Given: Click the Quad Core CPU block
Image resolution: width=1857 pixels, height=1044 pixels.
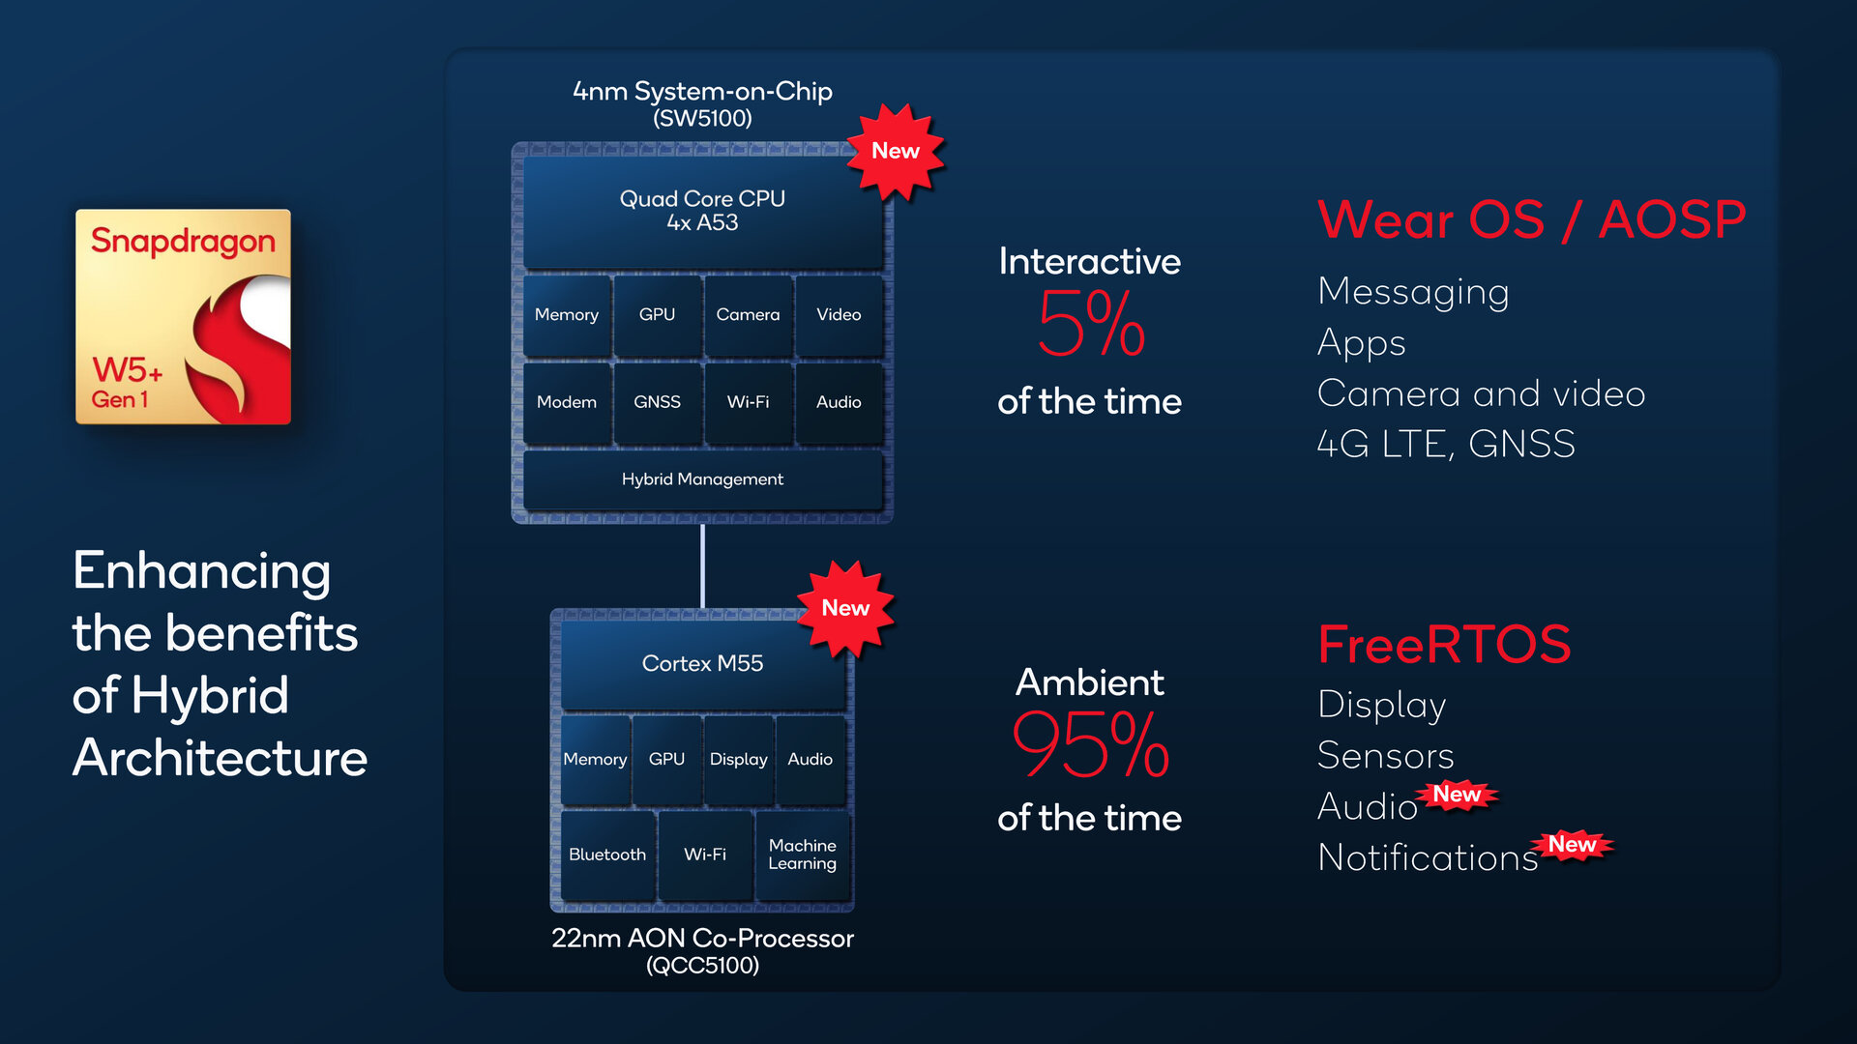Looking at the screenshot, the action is tap(702, 211).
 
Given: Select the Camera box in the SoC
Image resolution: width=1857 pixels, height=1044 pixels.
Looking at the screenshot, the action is tap(748, 315).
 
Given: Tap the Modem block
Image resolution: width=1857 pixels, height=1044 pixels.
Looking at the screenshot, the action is tap(567, 402).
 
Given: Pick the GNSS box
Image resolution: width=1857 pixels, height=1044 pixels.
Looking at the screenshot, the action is tap(658, 402).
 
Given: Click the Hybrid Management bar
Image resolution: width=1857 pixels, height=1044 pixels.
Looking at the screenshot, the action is tap(702, 479).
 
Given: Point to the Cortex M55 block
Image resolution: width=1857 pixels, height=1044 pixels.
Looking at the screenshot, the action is tap(702, 664).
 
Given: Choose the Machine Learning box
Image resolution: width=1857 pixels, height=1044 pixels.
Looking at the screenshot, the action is tap(803, 855).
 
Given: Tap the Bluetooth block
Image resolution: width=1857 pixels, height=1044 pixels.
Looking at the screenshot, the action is tap(607, 855).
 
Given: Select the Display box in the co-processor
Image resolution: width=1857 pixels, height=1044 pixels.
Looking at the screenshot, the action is tap(739, 760).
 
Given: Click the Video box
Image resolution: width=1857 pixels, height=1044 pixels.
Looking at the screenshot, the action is tap(839, 315).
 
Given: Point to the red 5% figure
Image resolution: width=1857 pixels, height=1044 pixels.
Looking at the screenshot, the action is tap(1091, 324).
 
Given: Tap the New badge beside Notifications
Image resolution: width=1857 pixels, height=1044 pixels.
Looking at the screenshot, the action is tap(1572, 845).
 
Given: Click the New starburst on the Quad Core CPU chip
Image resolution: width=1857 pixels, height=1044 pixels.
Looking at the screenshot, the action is tap(896, 152).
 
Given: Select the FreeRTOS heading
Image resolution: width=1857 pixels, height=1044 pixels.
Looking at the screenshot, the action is tap(1444, 645).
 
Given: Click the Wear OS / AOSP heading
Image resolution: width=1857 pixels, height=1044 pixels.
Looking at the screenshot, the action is tap(1532, 219).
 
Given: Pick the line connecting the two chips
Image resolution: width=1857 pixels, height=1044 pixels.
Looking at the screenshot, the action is tap(702, 566).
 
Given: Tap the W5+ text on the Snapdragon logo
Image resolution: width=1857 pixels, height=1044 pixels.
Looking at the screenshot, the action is tap(127, 370).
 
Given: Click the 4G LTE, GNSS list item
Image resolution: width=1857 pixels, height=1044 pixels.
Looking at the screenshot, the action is tap(1446, 445).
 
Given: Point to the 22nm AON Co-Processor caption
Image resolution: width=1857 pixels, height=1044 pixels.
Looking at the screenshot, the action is tap(702, 939).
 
